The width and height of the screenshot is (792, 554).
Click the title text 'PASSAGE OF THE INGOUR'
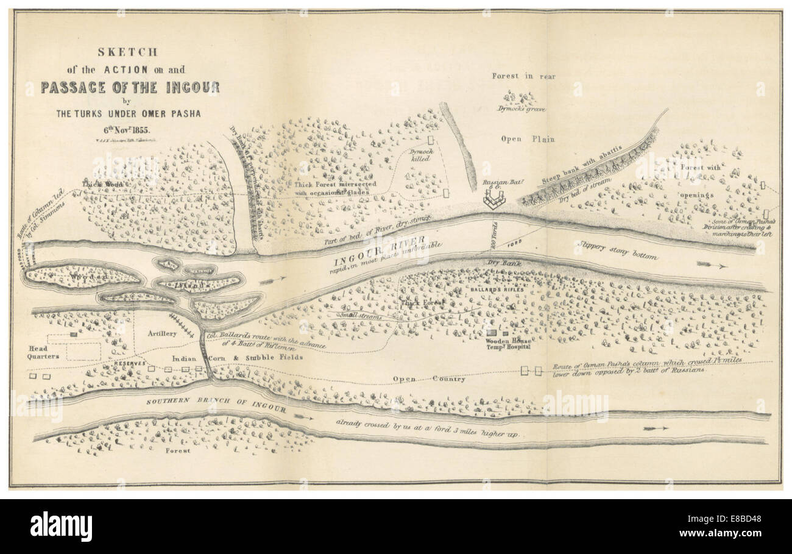pos(130,87)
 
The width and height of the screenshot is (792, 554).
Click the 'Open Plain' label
pos(528,139)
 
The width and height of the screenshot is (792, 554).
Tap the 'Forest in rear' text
pos(524,76)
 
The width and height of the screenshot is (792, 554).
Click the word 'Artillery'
pos(162,334)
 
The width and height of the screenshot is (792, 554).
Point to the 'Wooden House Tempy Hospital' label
pos(508,343)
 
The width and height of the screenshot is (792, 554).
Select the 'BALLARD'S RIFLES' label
pos(500,290)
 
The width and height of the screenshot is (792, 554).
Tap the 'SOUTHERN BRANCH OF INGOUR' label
pos(216,407)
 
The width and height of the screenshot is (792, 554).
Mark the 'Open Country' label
pos(429,379)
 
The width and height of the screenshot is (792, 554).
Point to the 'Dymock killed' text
pos(419,154)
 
